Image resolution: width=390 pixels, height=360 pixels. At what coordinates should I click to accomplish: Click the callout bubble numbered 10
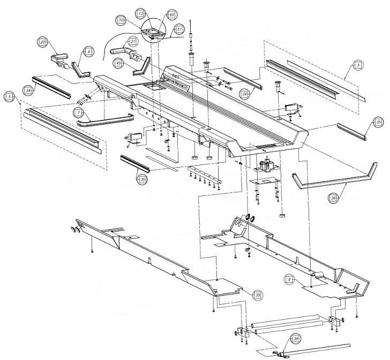[122, 20]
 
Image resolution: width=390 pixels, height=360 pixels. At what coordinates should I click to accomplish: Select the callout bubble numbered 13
[140, 12]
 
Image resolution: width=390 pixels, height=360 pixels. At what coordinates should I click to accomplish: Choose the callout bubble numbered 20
[42, 42]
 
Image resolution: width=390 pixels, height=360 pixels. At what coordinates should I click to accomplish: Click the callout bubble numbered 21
[133, 42]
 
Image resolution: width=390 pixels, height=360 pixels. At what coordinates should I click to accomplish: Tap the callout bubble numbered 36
[333, 199]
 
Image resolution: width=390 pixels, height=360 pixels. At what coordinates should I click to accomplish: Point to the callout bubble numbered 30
[258, 295]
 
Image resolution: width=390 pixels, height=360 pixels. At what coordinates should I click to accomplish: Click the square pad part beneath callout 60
[154, 34]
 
